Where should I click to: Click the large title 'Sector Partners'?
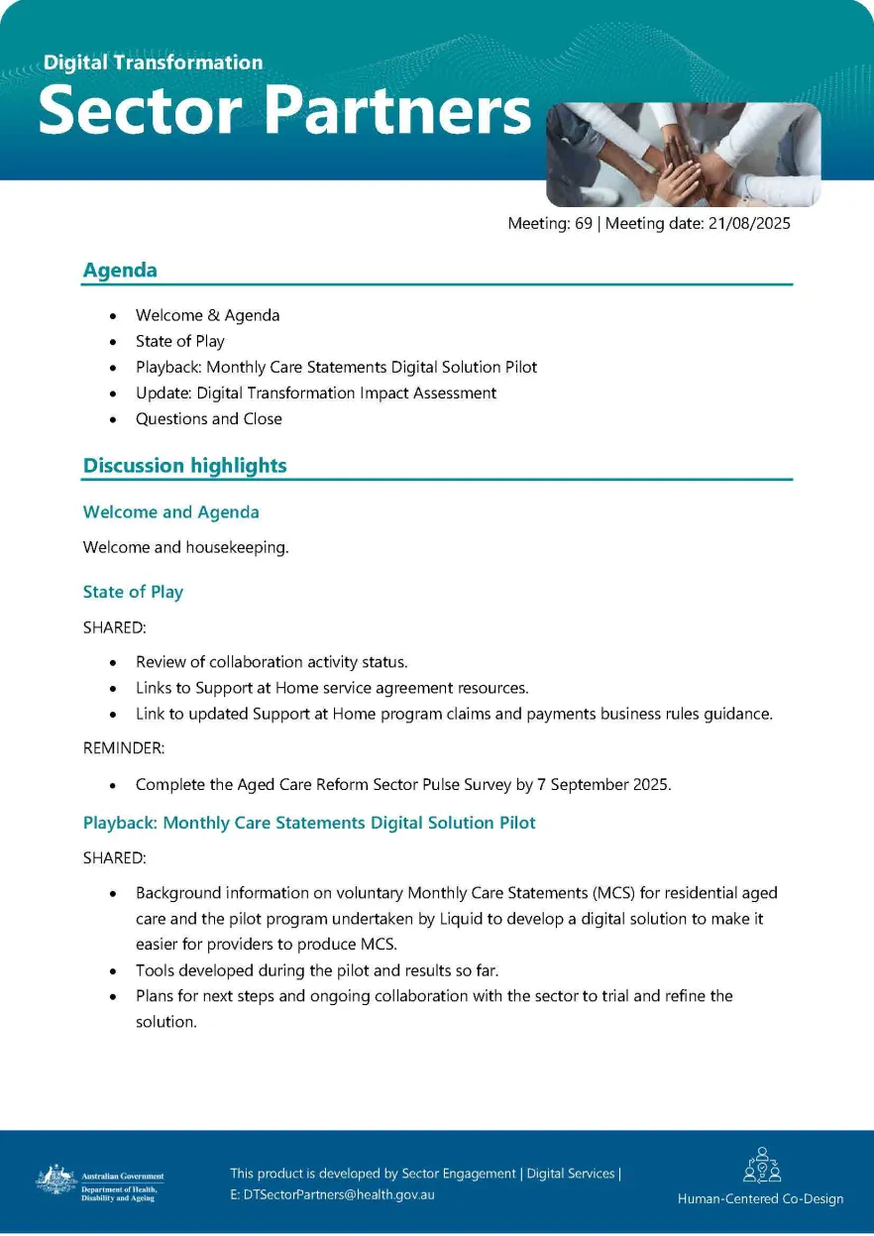[x=284, y=111]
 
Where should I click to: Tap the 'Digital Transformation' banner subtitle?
[x=153, y=62]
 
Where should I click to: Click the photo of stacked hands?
[x=683, y=154]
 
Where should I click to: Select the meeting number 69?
[x=583, y=224]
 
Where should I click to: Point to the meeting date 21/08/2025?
[x=749, y=224]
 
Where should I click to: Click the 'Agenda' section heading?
[x=120, y=270]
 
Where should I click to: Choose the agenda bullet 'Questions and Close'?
[x=208, y=419]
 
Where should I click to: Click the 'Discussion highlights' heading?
[x=184, y=466]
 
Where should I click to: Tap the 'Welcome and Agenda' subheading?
[x=170, y=512]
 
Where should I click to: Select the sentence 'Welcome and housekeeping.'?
[x=185, y=547]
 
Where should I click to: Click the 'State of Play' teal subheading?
[x=133, y=592]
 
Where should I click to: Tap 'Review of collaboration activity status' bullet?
[x=272, y=662]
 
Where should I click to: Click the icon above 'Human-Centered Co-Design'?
[x=761, y=1167]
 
